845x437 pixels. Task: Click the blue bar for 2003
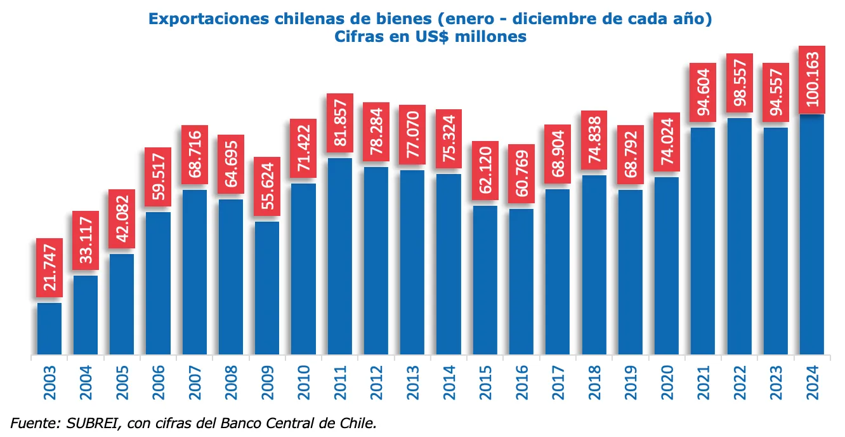pos(49,328)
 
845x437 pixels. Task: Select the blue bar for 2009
pos(267,287)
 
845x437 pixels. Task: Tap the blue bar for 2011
pos(339,255)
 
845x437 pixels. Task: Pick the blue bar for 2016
pos(521,281)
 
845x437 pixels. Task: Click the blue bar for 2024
pos(811,234)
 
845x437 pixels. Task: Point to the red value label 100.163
pos(811,80)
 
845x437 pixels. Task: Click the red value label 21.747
pos(49,268)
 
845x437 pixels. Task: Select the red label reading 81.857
pos(339,123)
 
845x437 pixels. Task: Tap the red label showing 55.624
pos(267,187)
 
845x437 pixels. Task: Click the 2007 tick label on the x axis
pos(195,383)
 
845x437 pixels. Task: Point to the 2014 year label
pos(449,383)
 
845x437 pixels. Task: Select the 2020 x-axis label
pos(666,383)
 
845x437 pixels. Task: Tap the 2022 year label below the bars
pos(739,383)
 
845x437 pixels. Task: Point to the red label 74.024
pos(666,142)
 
